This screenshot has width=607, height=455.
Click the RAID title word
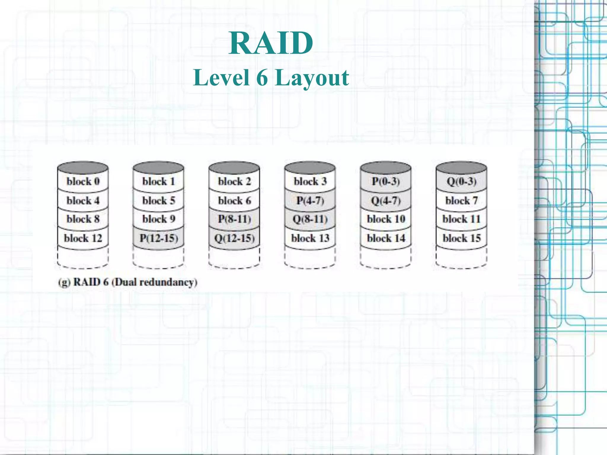271,43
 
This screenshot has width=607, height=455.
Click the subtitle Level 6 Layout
271,78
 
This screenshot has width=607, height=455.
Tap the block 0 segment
83,181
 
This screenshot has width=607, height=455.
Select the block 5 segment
159,201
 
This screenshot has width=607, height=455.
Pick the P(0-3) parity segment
386,181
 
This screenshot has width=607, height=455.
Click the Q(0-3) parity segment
461,181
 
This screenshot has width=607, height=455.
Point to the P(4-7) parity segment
310,201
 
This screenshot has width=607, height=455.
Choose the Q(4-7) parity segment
386,201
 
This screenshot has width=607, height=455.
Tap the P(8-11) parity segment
234,219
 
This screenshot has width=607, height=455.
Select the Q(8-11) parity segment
310,219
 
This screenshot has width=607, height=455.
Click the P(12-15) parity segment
159,238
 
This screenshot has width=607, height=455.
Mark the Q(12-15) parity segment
234,238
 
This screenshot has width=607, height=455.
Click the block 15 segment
461,238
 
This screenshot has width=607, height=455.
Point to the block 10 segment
386,219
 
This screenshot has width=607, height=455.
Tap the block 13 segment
310,238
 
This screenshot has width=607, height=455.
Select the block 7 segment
461,201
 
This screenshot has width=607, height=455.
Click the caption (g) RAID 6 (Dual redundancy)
128,282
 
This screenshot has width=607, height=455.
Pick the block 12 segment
83,238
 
